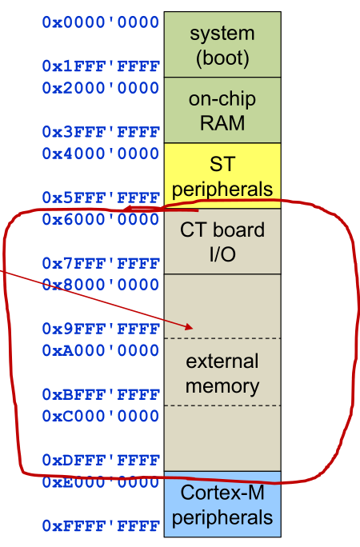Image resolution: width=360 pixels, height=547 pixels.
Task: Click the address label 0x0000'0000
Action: tap(101, 22)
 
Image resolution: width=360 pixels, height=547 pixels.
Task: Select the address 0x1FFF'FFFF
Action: tap(101, 66)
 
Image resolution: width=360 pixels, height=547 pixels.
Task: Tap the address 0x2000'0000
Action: tap(101, 87)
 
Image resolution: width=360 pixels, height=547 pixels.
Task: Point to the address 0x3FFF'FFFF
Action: tap(101, 131)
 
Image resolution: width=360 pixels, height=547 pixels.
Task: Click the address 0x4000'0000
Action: tap(101, 154)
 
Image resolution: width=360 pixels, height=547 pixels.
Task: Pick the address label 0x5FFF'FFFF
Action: tap(101, 197)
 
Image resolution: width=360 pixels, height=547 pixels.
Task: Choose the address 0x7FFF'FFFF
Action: tap(101, 262)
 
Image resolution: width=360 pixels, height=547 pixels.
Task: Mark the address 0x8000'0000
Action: tap(101, 285)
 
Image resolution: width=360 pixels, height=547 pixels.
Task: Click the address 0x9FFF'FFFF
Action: tap(101, 328)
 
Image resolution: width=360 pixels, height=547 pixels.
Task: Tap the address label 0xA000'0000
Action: tap(101, 350)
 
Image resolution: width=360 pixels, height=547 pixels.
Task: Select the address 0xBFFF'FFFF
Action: tap(101, 394)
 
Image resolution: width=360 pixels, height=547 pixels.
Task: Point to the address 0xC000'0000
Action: tap(101, 416)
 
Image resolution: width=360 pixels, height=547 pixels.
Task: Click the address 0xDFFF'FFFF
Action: tap(101, 460)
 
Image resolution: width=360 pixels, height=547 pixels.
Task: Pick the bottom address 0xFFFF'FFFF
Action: tap(101, 525)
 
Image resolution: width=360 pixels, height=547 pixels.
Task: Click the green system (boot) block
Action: tap(222, 45)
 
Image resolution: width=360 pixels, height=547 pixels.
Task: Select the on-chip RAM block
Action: tap(222, 110)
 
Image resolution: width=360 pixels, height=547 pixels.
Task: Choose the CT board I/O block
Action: tap(222, 242)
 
